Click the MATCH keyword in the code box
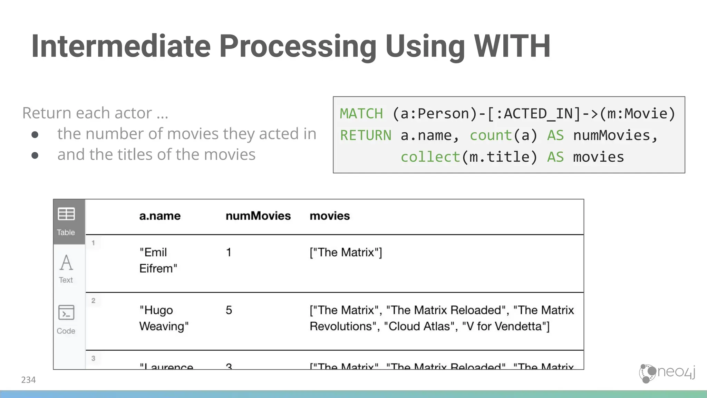(361, 114)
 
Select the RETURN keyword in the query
(366, 135)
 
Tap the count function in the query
(491, 135)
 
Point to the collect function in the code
(430, 157)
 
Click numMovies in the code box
(611, 135)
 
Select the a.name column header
(160, 216)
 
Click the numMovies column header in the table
(258, 216)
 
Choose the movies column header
(330, 216)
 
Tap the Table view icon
(66, 214)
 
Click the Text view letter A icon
(66, 263)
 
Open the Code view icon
(66, 313)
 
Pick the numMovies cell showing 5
(229, 310)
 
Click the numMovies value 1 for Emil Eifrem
(229, 253)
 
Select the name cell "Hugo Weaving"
(164, 318)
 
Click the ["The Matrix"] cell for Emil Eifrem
(346, 253)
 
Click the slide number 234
(28, 380)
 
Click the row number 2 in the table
(93, 301)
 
